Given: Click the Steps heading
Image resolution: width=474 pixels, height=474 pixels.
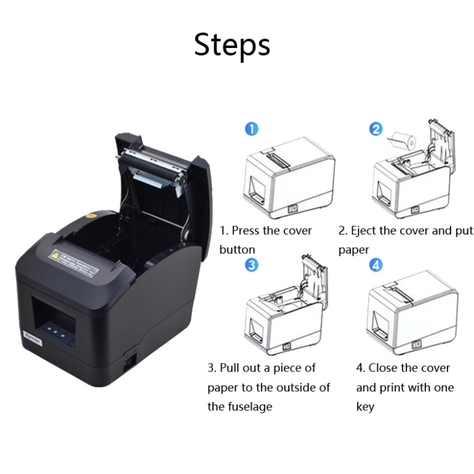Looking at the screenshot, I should point(232,46).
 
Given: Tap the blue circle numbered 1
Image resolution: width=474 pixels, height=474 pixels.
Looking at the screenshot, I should point(252,129).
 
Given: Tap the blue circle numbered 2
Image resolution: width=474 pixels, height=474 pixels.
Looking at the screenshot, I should point(376,129).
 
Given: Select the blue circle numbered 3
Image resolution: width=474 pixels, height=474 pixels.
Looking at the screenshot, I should point(252,265).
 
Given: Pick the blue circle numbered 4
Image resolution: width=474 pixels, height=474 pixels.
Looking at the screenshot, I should point(376,265).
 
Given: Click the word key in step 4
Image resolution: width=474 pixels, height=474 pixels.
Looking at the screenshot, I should point(365,406).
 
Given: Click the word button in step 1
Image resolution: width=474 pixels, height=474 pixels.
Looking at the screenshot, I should point(238,250).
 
